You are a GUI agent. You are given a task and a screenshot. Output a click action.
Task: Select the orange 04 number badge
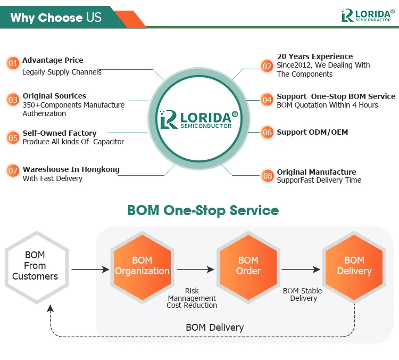[267, 100]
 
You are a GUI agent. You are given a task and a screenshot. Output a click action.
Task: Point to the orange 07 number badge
[13, 171]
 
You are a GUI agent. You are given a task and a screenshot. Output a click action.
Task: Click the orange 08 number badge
[268, 175]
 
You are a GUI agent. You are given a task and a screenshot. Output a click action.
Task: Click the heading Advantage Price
[53, 60]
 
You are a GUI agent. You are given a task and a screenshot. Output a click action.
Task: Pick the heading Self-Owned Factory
[60, 133]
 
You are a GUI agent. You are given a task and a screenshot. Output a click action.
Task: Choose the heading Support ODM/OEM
[312, 132]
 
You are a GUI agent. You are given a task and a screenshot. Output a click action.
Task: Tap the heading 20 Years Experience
[314, 56]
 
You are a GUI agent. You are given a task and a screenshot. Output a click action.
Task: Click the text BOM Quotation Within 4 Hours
[327, 105]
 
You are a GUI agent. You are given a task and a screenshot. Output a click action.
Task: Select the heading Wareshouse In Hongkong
[71, 169]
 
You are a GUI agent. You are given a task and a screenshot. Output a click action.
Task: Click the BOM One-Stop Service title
[203, 210]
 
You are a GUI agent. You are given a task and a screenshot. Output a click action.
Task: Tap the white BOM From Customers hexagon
[35, 266]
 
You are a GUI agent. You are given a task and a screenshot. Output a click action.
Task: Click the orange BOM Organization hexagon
[142, 266]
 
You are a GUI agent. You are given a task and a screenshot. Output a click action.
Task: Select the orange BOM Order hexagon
[248, 266]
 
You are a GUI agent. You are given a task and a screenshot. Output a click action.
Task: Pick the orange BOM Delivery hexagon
[354, 266]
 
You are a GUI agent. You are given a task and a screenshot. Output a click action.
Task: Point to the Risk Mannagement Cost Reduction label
[192, 298]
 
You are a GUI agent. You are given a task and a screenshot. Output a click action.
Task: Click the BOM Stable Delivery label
[302, 294]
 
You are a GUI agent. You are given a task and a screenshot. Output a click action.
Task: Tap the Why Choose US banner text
[55, 18]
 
